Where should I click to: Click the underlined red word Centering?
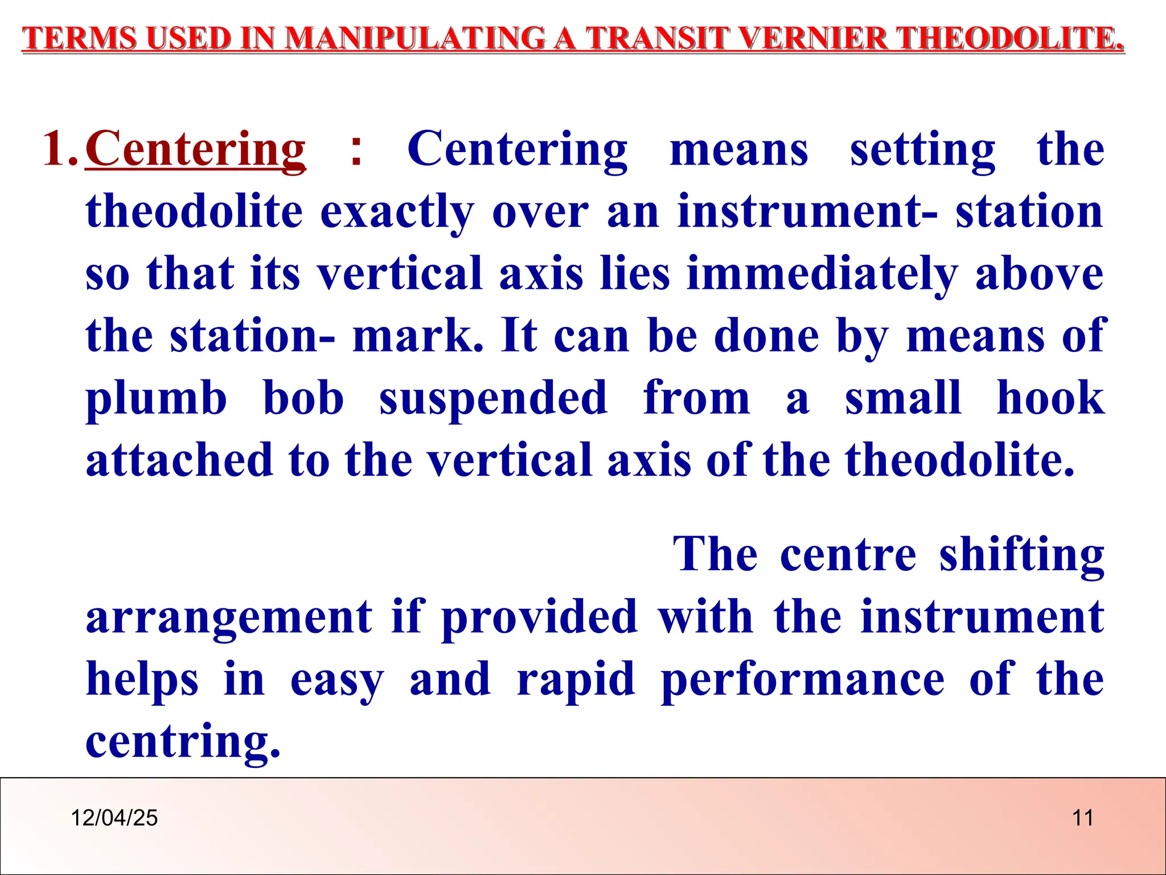coord(195,149)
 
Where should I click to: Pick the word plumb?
coord(156,399)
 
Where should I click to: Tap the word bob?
coord(303,398)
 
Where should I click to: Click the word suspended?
coord(493,399)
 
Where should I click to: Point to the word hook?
coord(1050,398)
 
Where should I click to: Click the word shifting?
coord(1021,555)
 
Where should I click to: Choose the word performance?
coord(803,680)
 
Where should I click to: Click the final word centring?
coord(183,742)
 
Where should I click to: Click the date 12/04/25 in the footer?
coord(114,818)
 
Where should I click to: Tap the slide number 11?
coord(1082,818)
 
